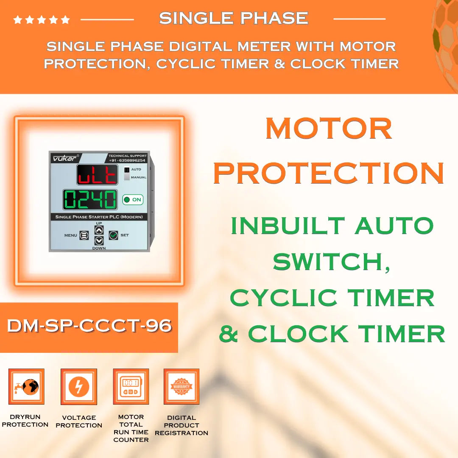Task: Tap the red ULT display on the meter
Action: coord(97,175)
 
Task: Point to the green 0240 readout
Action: coord(90,199)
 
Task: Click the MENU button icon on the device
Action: coord(84,235)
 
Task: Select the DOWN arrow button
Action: coord(99,241)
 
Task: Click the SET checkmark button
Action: coord(113,235)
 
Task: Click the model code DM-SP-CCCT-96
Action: coord(89,326)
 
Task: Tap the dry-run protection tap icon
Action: coord(26,386)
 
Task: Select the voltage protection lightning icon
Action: coord(79,386)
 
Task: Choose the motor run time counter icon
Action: coord(131,386)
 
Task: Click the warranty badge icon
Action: coord(182,386)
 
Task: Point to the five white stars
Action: coord(42,20)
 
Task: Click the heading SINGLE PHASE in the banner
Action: coord(234,18)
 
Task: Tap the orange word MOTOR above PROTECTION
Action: coord(329,128)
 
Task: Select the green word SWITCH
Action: coord(331,262)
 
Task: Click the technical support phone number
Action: coord(128,160)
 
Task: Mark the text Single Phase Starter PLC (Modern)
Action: coord(99,217)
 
